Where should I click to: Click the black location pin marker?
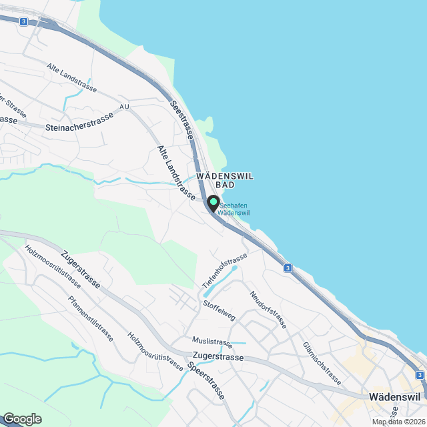coord(213,203)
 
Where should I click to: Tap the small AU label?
coord(124,107)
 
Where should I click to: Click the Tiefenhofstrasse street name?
coord(224,271)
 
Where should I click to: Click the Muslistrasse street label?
coord(211,343)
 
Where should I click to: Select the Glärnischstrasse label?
coord(322,362)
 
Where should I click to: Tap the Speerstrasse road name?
coord(206,382)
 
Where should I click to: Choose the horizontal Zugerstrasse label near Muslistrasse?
coord(218,358)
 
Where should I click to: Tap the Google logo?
coord(21,418)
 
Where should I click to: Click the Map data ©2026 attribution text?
coord(398,422)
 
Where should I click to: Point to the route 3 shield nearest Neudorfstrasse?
coord(288,268)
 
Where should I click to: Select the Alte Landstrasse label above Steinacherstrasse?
coord(71,77)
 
